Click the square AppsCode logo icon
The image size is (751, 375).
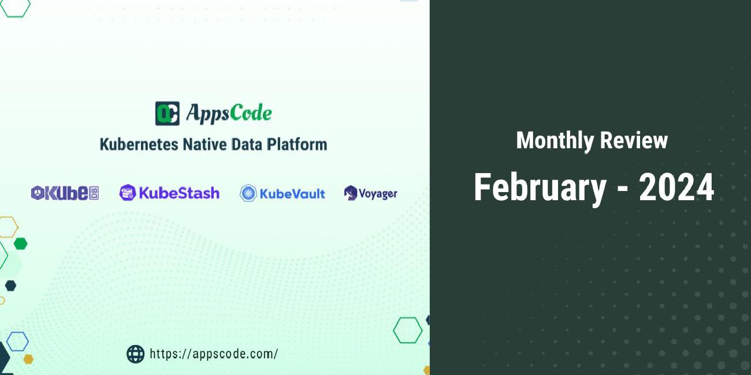point(167,113)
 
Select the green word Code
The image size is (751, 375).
point(251,113)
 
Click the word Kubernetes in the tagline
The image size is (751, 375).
point(139,144)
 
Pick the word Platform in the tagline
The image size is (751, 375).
point(296,144)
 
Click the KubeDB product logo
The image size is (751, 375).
point(65,193)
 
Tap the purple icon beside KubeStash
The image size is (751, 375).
point(127,193)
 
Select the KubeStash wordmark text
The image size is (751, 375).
point(179,193)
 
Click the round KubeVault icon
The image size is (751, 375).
point(248,193)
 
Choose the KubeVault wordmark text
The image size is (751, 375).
point(292,194)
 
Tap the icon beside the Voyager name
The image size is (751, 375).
point(351,193)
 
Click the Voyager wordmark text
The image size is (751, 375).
point(378,194)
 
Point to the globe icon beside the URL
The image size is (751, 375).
point(135,354)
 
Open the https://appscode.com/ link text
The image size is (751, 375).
point(214,354)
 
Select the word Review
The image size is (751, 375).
point(634,140)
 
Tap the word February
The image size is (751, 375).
point(540,187)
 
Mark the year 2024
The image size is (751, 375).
point(676,187)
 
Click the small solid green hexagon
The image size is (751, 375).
point(20,243)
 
